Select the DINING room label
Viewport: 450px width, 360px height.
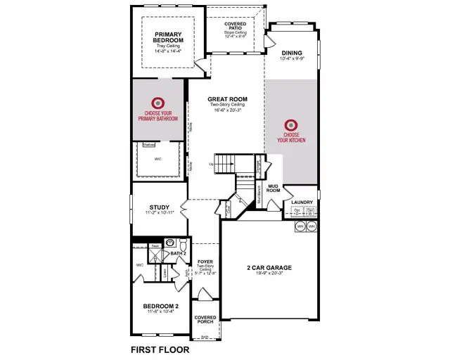291,53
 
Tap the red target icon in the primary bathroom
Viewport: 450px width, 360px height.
159,102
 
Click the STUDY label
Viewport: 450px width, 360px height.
157,207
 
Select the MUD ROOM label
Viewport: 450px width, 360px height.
274,188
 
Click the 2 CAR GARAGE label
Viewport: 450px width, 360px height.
269,268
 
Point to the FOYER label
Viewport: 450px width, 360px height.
205,261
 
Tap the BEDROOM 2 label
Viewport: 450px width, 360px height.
161,306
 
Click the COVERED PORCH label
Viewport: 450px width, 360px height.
205,319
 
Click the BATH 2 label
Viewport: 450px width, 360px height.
178,253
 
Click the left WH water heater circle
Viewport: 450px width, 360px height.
300,226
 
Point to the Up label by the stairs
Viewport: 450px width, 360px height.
211,164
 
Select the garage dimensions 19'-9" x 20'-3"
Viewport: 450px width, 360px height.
269,275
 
